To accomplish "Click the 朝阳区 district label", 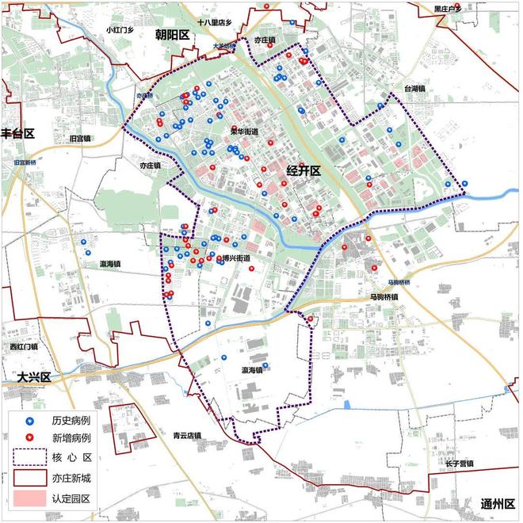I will (172, 35).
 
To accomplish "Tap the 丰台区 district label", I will (17, 132).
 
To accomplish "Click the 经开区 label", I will (302, 171).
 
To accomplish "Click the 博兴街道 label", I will (235, 258).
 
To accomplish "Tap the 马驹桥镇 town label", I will (384, 296).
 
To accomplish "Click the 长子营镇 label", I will (458, 464).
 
